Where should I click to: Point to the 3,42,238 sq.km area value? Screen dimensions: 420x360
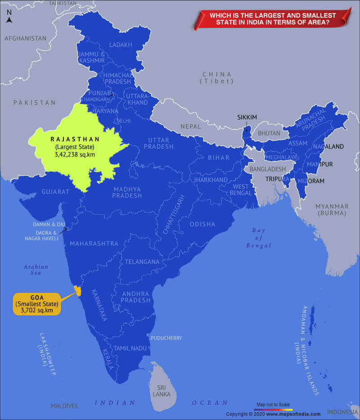[x=69, y=154]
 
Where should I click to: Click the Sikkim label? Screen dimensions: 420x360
[x=247, y=117]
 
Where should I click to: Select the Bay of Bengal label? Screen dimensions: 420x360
[x=258, y=238]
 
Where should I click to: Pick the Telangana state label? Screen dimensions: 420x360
[x=142, y=262]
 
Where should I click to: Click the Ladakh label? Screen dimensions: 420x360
[x=121, y=45]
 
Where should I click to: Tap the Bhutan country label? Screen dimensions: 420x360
[x=269, y=133]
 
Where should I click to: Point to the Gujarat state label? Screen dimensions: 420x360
[x=55, y=192]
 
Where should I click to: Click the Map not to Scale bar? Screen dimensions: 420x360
[x=273, y=409]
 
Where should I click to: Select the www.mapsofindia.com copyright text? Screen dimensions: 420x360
[x=273, y=414]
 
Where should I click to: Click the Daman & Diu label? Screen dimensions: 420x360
[x=49, y=224]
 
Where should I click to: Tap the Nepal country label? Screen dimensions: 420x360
[x=191, y=126]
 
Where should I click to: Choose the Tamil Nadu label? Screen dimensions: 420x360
[x=130, y=348]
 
